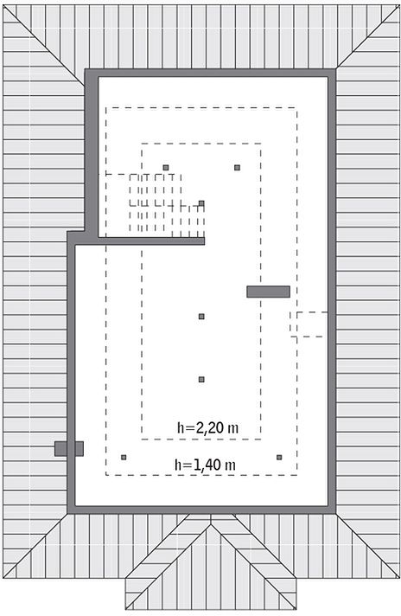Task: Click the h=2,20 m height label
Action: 208,427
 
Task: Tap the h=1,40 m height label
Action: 205,465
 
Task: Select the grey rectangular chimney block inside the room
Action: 269,292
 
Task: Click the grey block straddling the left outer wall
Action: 69,449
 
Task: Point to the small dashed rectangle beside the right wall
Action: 309,324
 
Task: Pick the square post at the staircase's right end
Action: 201,203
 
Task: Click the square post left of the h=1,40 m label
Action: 124,457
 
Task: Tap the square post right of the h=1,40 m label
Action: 279,457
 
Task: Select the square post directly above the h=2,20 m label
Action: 201,379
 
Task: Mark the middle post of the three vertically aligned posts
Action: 201,317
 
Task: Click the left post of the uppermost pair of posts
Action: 166,168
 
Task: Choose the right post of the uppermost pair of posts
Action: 237,168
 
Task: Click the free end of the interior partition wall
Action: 205,241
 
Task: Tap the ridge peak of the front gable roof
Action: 211,524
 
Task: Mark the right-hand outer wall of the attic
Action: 332,291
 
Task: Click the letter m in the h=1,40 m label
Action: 231,466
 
